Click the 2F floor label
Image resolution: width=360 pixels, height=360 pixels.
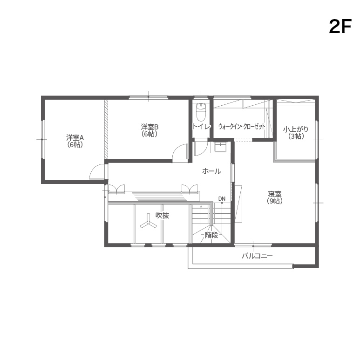click(340, 27)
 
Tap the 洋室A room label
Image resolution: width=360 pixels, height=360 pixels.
click(75, 138)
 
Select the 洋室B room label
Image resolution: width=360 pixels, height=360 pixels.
click(149, 127)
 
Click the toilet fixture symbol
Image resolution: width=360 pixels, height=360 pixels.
click(201, 112)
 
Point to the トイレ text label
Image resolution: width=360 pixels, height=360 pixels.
click(201, 127)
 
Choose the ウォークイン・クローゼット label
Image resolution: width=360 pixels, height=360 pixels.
click(242, 127)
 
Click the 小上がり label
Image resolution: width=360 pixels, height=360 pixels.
click(296, 129)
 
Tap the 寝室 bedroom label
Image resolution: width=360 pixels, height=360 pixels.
click(275, 194)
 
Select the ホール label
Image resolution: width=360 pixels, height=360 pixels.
click(211, 171)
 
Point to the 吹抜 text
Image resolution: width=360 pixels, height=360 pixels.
click(163, 215)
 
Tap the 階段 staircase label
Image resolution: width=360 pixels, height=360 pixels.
click(211, 235)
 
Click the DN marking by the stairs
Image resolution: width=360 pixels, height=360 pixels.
click(222, 199)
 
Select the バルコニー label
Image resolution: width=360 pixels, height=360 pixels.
click(257, 256)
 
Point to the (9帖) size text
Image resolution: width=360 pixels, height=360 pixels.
click(275, 201)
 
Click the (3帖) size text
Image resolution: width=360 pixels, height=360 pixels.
click(296, 136)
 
